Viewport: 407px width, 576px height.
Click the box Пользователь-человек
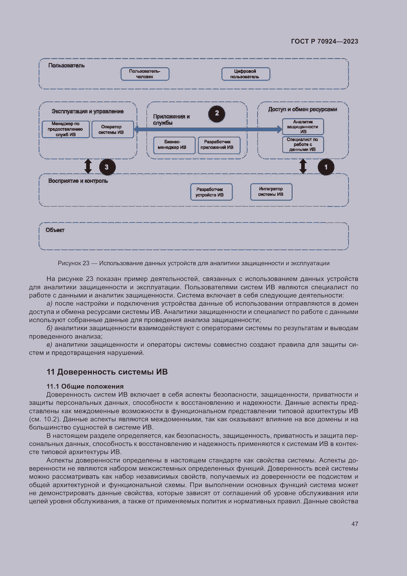click(145, 74)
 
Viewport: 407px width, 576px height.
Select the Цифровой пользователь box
click(246, 74)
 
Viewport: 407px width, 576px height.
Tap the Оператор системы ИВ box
click(112, 130)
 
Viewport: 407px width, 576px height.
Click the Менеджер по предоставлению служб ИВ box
click(66, 129)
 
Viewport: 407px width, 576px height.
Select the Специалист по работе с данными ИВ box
click(303, 145)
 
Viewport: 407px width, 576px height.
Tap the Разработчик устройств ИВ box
click(211, 192)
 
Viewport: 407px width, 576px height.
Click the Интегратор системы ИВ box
click(271, 192)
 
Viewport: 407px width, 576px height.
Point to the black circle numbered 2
click(217, 114)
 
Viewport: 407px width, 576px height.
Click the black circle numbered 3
click(107, 167)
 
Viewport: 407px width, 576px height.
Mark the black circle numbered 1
click(326, 167)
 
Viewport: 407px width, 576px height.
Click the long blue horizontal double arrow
click(208, 130)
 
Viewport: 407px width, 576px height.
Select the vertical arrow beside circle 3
click(88, 166)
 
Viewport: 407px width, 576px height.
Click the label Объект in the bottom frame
click(55, 230)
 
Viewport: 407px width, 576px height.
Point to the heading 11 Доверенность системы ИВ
click(107, 372)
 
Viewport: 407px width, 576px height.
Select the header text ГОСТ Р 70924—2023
click(324, 41)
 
